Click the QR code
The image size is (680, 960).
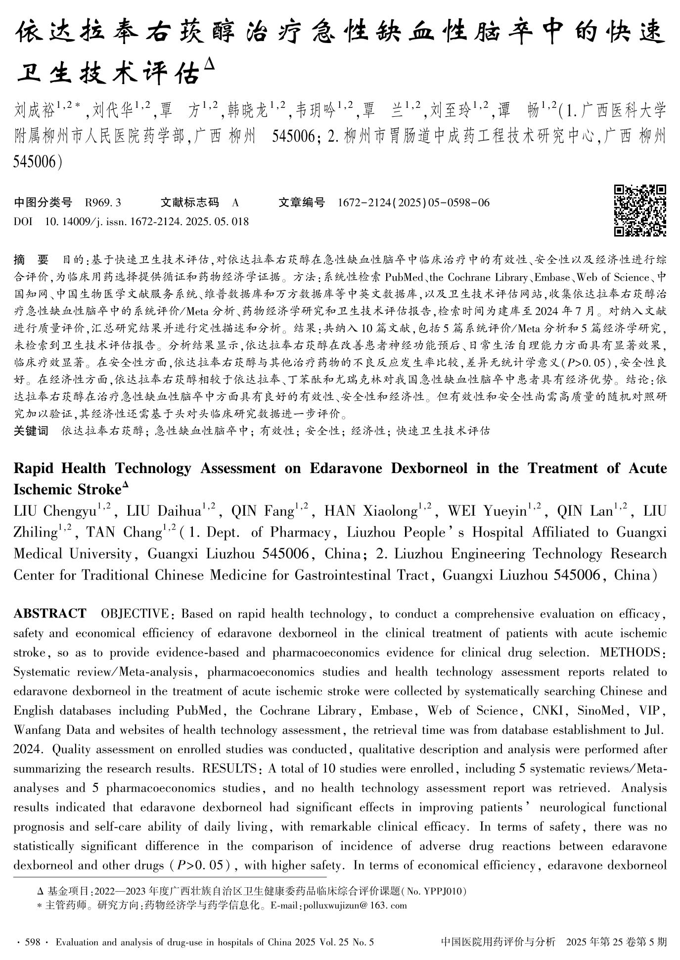point(640,210)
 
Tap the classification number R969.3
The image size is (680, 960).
point(103,202)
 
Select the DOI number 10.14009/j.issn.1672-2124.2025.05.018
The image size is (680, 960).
point(146,221)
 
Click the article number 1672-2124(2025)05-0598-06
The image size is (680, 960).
point(413,202)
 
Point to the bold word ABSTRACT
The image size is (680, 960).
point(49,614)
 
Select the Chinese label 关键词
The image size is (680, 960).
point(31,431)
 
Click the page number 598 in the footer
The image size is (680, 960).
point(32,942)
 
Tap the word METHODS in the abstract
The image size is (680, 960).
point(630,652)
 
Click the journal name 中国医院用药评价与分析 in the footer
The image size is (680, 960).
point(498,942)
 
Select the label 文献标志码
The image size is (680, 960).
point(189,202)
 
